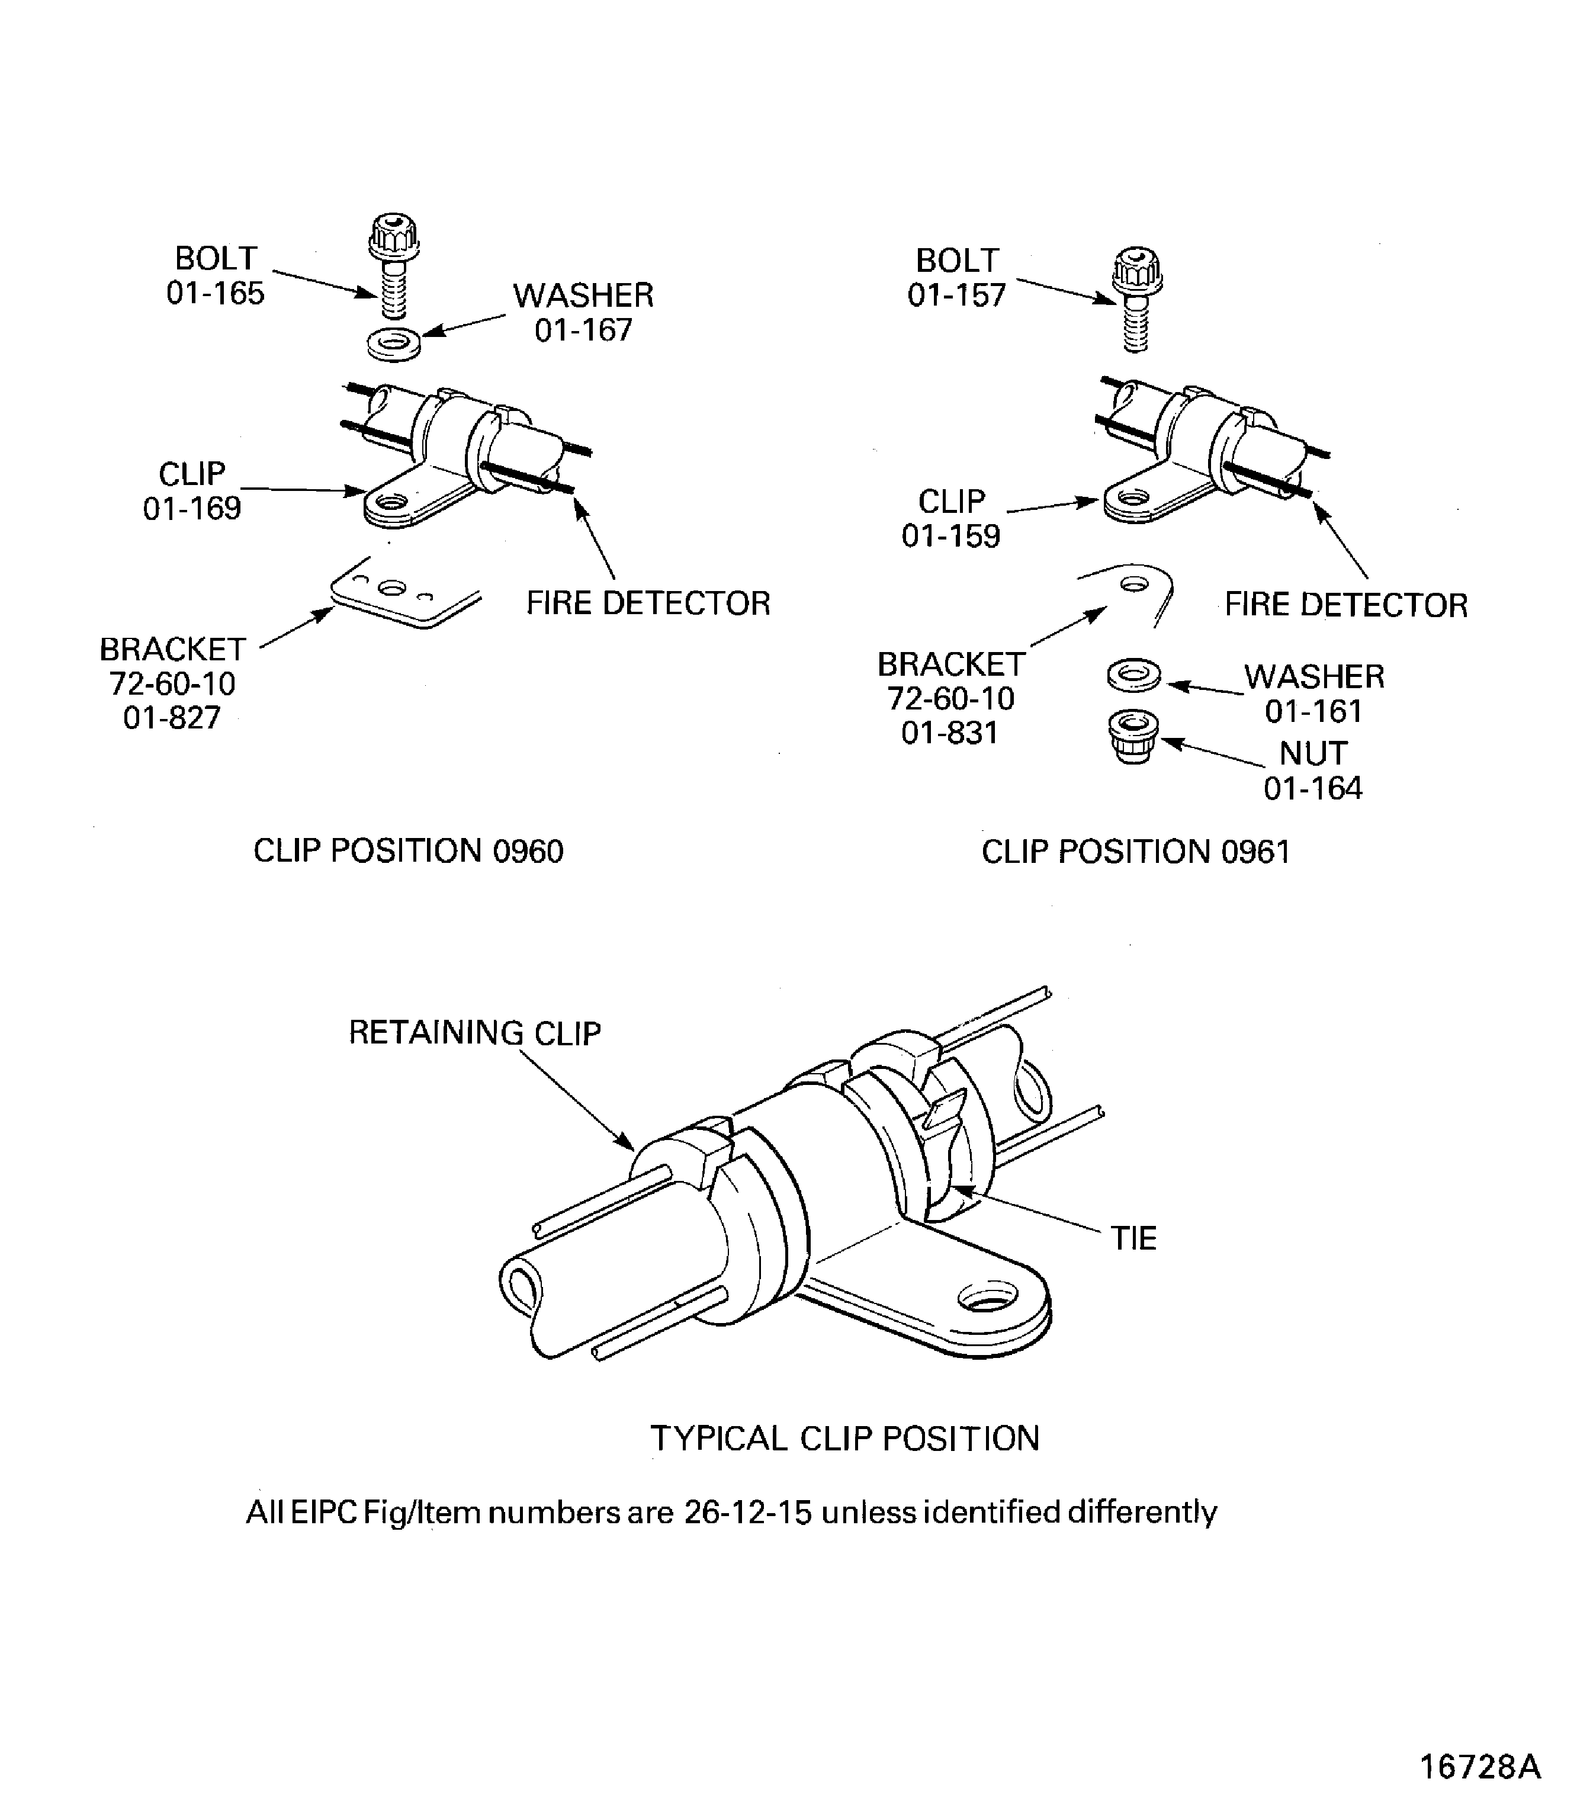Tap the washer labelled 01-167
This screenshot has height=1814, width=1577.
(x=393, y=343)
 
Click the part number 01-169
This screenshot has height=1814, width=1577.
(x=192, y=509)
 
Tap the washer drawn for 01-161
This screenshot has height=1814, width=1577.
(x=1133, y=676)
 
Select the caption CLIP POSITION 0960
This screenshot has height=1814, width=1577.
(x=409, y=851)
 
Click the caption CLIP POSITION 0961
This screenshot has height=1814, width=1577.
(x=1135, y=852)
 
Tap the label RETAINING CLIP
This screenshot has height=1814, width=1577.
(x=474, y=1032)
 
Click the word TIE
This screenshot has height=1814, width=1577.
(x=1133, y=1238)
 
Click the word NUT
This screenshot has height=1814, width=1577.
(x=1312, y=753)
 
